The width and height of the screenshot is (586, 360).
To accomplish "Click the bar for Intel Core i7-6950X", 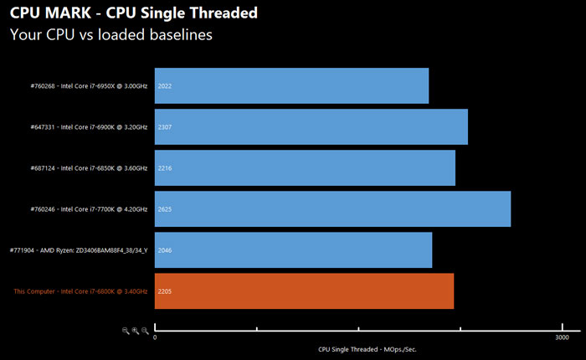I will tap(291, 86).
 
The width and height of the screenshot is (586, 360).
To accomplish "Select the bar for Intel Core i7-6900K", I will tap(311, 127).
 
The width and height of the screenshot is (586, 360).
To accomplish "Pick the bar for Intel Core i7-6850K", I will tap(305, 167).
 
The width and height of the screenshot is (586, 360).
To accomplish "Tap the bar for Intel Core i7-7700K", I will tap(332, 208).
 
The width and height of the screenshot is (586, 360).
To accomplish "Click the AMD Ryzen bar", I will tap(293, 249).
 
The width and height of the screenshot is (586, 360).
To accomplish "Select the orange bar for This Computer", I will tap(304, 291).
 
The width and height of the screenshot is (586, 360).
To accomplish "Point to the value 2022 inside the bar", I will tap(165, 86).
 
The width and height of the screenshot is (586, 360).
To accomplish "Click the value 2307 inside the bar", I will tap(165, 127).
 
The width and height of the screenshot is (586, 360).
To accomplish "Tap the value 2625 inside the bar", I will tap(165, 208).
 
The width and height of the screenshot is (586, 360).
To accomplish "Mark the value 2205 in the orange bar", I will tap(165, 291).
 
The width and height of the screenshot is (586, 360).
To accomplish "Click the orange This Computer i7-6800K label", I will tap(80, 291).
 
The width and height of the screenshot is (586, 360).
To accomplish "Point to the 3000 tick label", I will tap(563, 337).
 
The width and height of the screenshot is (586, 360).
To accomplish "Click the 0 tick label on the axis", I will tap(155, 337).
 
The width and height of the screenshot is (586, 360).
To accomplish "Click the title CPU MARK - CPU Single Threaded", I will tap(133, 14).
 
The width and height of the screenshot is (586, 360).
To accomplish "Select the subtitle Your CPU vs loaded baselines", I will tap(111, 35).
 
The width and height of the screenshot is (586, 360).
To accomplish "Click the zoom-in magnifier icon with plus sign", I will tap(135, 331).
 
